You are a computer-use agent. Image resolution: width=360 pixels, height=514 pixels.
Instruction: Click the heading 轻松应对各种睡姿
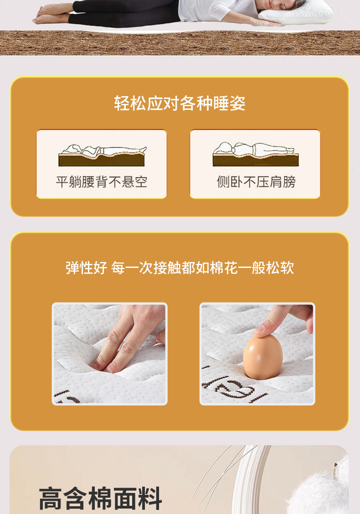click(x=180, y=103)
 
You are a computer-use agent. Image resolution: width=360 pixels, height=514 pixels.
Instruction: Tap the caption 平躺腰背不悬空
click(x=102, y=182)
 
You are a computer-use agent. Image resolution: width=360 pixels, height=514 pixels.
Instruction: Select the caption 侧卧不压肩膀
click(x=256, y=182)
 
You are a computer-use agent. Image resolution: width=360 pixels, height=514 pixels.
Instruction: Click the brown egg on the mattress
click(x=262, y=358)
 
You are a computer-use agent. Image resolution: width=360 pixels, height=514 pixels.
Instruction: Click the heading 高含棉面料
click(x=100, y=498)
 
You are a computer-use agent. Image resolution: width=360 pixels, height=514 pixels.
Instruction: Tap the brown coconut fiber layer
click(x=180, y=43)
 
